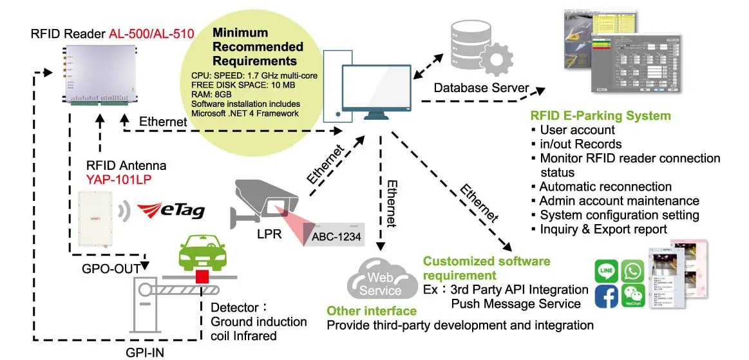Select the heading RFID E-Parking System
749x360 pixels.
[x=601, y=116]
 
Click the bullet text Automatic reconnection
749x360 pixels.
[x=605, y=187]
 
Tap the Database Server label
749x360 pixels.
[x=482, y=88]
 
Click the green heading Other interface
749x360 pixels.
[x=372, y=311]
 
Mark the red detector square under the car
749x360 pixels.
[x=204, y=278]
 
